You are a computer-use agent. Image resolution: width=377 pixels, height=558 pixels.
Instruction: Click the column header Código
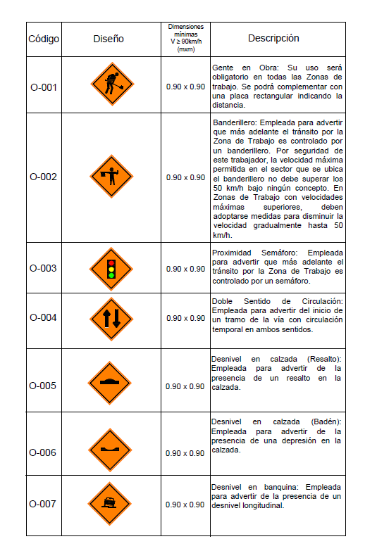(44, 39)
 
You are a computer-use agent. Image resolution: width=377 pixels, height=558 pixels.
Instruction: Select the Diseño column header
(108, 39)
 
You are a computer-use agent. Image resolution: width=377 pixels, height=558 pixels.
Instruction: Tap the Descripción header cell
(273, 38)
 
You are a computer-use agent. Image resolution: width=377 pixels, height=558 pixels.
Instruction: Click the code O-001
(44, 87)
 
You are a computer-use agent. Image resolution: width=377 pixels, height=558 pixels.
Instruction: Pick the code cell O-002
(44, 177)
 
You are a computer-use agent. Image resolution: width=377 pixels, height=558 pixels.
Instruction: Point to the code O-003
(44, 268)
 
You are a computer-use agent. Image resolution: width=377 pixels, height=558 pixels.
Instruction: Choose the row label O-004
(44, 317)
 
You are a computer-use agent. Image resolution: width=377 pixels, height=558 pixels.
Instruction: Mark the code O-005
(44, 386)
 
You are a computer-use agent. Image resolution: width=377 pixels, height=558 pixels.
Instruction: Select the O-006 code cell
(44, 452)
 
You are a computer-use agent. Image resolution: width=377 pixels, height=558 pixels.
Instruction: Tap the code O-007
(44, 504)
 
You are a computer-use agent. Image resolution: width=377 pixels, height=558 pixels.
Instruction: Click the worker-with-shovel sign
(112, 84)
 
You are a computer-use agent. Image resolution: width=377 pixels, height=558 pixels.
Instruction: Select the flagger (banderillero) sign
(111, 176)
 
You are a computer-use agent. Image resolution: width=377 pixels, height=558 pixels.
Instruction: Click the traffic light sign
(111, 269)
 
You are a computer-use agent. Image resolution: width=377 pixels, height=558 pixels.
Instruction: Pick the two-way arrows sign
(111, 318)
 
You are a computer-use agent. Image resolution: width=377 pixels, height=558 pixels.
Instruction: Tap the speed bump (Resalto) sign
(111, 383)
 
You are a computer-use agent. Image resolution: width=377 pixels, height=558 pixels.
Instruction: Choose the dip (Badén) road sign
(111, 449)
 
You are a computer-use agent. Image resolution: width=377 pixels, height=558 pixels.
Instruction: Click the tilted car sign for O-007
(111, 503)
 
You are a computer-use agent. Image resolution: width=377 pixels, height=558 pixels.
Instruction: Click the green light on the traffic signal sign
(111, 276)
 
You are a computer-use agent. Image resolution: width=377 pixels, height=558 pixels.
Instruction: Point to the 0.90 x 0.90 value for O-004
(185, 318)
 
